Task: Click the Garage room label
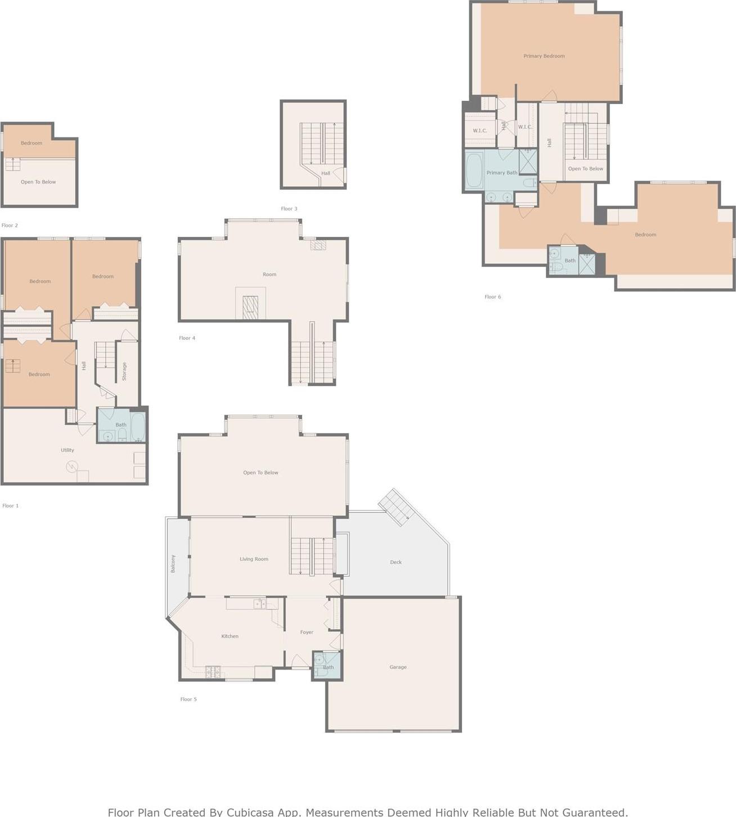[x=398, y=667]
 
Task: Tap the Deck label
[x=396, y=562]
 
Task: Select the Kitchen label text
[x=230, y=636]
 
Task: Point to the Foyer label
[x=307, y=632]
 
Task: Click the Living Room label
[x=254, y=559]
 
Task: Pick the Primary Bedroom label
[x=544, y=56]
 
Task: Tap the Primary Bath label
[x=501, y=173]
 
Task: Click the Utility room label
[x=67, y=450]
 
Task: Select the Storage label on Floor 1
[x=124, y=371]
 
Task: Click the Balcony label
[x=173, y=563]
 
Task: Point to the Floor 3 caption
[x=289, y=209]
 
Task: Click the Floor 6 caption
[x=492, y=297]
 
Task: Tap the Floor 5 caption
[x=189, y=699]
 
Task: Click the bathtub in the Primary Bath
[x=474, y=169]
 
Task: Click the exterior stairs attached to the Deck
[x=397, y=507]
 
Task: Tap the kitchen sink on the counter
[x=259, y=604]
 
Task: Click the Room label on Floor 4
[x=270, y=275]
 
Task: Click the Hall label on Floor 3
[x=326, y=173]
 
